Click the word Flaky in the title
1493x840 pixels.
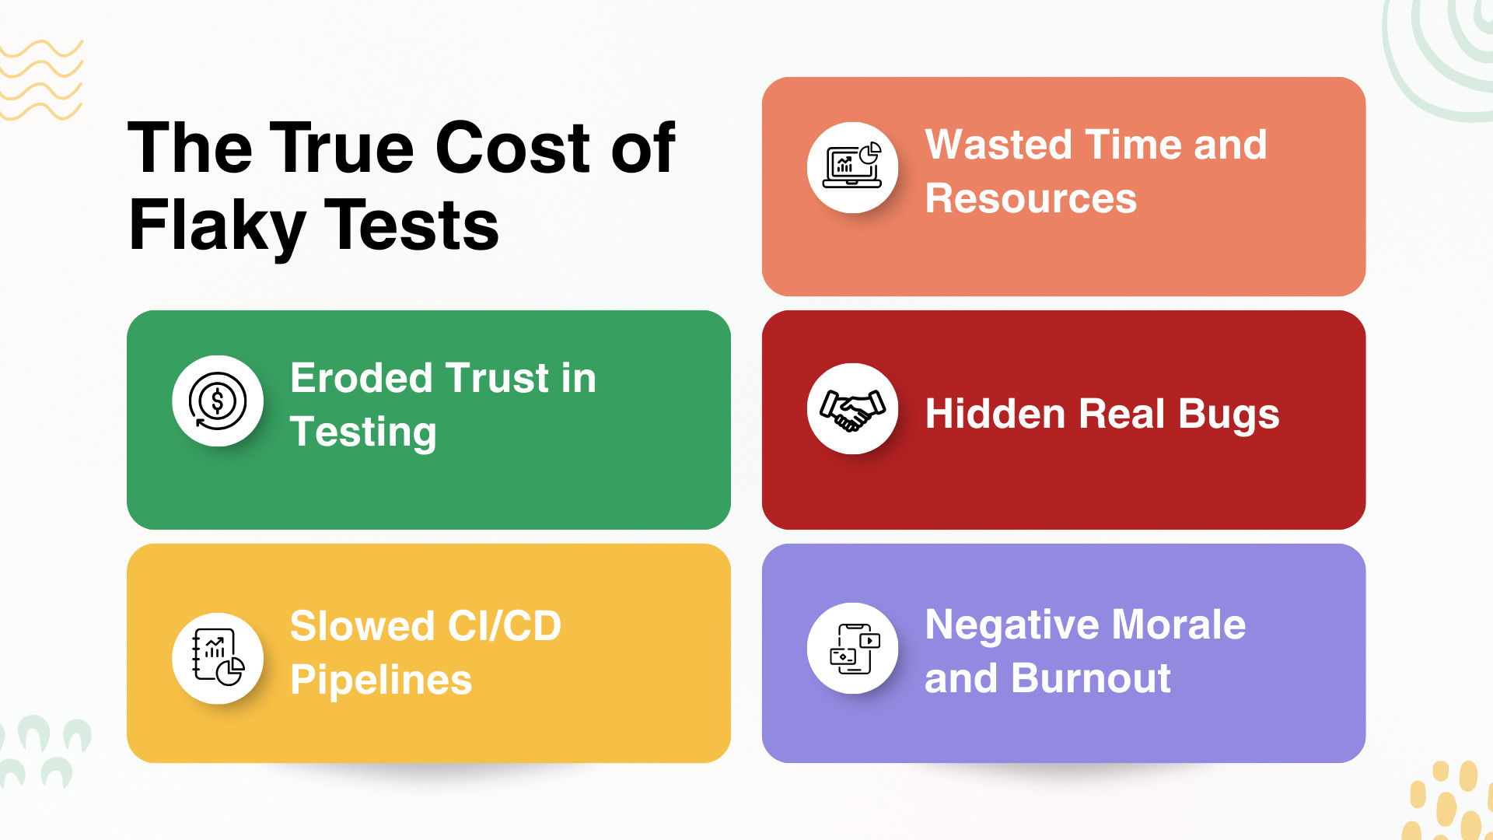pos(217,226)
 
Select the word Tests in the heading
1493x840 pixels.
pos(411,225)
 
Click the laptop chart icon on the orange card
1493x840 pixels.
pos(852,166)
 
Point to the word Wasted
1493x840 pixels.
pos(999,145)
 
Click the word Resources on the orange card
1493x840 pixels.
pos(1031,198)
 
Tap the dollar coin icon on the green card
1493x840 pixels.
pos(218,401)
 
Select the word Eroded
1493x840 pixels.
pos(361,378)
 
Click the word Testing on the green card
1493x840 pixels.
pos(363,432)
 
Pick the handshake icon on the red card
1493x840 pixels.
pos(853,409)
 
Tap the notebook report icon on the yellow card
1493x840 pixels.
pos(219,657)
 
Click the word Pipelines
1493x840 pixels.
pos(381,681)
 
